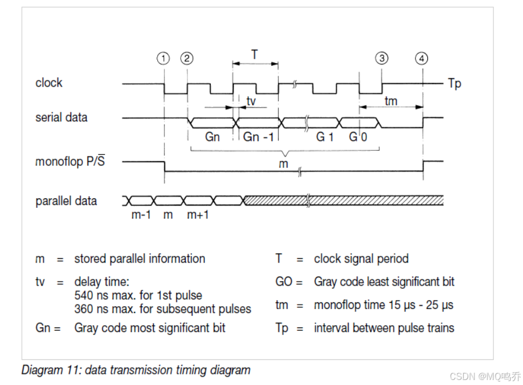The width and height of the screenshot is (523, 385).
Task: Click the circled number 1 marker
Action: click(x=163, y=58)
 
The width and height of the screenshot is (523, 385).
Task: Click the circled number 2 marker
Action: click(x=187, y=58)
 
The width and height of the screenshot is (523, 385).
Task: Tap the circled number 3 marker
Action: click(x=381, y=58)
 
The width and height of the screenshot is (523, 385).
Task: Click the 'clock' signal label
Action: click(x=49, y=83)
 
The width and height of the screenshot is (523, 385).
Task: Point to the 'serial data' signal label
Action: click(x=61, y=117)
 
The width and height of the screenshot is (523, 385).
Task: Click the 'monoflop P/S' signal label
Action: click(x=70, y=161)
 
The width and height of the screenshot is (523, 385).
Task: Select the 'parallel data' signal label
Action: click(x=66, y=201)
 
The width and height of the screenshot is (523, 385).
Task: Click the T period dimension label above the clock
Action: click(x=255, y=54)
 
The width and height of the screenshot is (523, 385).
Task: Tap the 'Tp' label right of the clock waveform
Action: click(x=454, y=84)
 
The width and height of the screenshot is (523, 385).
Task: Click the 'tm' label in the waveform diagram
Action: click(x=391, y=101)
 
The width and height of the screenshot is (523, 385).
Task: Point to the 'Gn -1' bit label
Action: click(x=258, y=137)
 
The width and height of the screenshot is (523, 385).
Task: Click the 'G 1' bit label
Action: click(x=324, y=137)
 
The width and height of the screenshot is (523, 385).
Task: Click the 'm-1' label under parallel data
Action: click(x=142, y=215)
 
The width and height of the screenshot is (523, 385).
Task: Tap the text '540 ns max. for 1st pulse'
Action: click(x=138, y=294)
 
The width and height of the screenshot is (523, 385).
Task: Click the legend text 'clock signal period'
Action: click(x=361, y=259)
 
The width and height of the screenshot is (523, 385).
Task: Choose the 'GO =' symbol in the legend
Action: click(x=288, y=282)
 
